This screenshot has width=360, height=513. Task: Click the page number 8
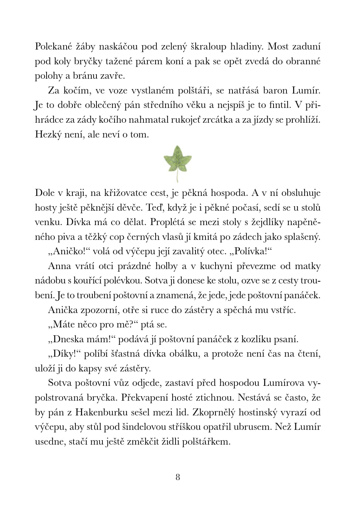(178, 477)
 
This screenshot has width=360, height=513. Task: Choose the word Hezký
(48, 134)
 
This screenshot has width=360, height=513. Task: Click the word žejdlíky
(269, 222)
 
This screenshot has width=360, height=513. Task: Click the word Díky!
(64, 354)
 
